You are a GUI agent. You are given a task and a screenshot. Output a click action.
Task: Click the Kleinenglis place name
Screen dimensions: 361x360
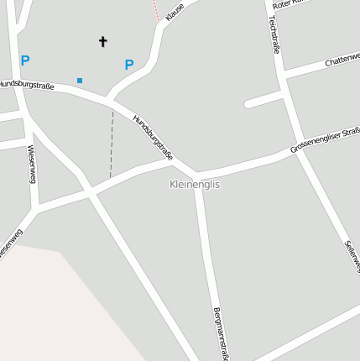point(194,184)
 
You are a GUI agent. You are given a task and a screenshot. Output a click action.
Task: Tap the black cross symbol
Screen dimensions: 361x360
point(103,40)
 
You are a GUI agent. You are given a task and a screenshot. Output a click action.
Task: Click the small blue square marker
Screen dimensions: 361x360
point(80,81)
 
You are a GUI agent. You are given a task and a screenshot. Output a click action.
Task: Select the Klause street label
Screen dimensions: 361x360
point(175,12)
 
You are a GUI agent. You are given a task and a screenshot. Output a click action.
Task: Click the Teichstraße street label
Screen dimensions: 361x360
point(274,35)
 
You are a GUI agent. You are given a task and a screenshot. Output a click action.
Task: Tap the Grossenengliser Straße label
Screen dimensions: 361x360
point(325,139)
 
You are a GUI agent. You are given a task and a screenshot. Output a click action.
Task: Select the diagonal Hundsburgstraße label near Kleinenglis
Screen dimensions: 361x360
point(153,137)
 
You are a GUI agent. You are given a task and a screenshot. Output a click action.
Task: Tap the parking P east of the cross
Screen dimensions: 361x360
point(129,65)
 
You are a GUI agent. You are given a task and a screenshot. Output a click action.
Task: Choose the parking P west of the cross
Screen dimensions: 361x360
point(25,60)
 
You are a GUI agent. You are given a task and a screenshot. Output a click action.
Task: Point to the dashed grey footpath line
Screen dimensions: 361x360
point(112,143)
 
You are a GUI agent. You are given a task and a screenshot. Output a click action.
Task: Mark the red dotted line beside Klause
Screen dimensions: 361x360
point(155,10)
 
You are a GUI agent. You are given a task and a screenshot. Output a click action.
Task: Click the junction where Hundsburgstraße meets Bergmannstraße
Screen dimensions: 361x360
point(197,175)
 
